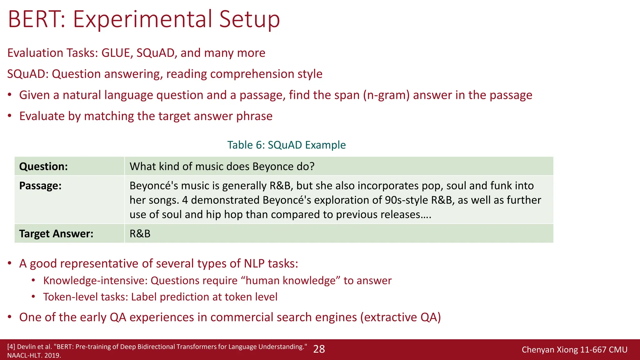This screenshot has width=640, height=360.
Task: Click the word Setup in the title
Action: (249, 19)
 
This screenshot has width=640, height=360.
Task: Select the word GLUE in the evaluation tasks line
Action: (115, 53)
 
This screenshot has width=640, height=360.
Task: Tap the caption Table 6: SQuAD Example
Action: (286, 145)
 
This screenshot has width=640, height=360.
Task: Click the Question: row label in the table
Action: (43, 167)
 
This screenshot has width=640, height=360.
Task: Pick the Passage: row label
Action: (40, 186)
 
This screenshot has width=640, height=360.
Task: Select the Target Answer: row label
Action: (56, 234)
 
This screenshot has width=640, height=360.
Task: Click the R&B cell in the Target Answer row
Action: (140, 234)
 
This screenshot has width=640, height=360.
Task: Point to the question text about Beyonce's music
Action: (222, 167)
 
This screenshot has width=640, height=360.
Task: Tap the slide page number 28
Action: (319, 349)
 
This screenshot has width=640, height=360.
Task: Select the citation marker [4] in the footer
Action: (11, 347)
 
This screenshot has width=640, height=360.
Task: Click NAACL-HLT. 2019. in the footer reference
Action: (34, 355)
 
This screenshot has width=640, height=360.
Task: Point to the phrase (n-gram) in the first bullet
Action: (386, 95)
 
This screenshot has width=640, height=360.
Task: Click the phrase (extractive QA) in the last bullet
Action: (400, 317)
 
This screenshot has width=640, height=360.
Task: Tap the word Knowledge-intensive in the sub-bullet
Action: (95, 281)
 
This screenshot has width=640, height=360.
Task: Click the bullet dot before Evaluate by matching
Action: (10, 116)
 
